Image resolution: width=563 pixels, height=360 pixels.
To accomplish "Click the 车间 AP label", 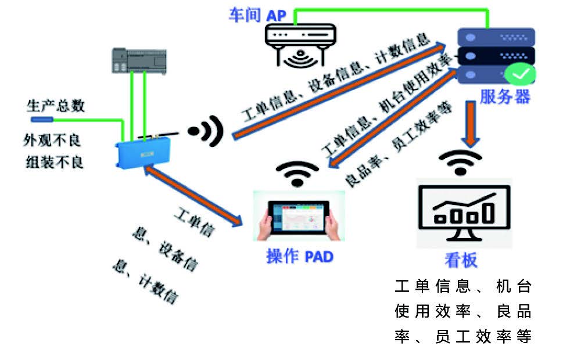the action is click(257, 15).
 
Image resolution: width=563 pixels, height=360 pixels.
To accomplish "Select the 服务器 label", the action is click(505, 96).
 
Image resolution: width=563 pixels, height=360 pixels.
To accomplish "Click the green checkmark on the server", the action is click(520, 74).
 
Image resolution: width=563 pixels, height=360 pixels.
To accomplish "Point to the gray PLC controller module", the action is click(139, 60).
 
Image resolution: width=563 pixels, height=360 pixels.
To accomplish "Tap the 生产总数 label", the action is click(55, 106).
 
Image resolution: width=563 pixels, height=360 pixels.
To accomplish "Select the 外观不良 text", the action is click(52, 140).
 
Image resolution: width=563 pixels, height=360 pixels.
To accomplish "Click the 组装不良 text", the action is click(54, 162).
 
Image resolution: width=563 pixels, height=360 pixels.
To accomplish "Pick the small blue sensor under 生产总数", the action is click(42, 120).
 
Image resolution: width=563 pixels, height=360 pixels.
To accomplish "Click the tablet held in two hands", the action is click(299, 218).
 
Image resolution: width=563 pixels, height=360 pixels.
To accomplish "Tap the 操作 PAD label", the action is click(300, 257).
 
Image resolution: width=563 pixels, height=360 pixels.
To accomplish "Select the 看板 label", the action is click(461, 260).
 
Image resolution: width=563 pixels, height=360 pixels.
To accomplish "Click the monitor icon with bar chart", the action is click(464, 213).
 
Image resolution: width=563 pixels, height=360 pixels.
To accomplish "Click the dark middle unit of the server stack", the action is click(496, 56).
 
